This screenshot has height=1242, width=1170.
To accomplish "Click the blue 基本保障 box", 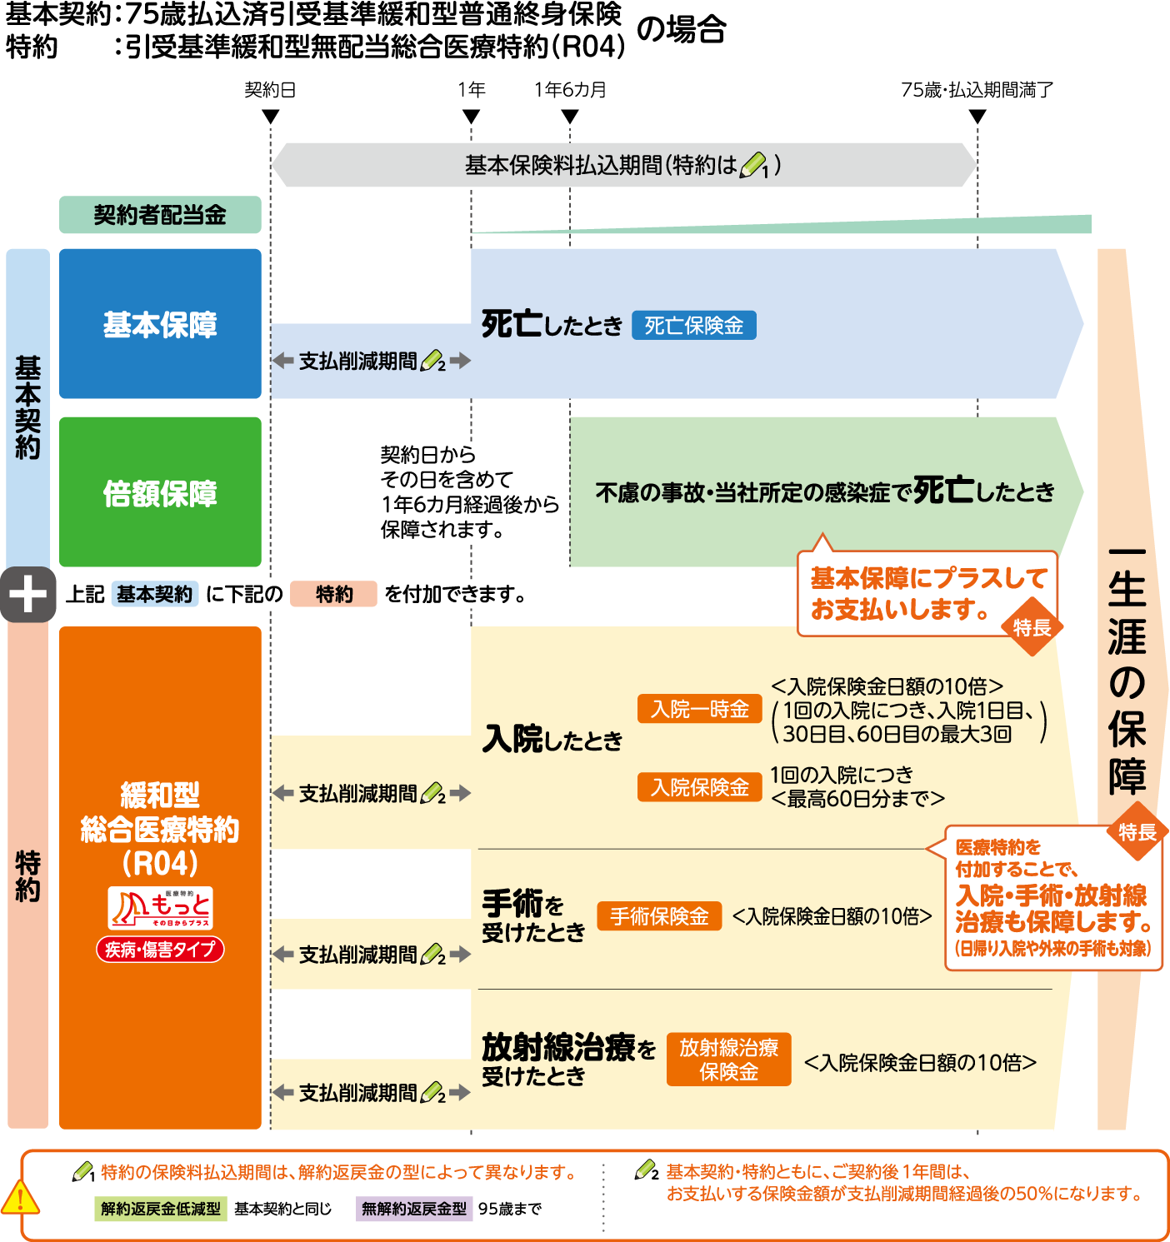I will (x=160, y=324).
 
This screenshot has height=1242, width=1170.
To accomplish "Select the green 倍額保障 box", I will (x=160, y=492).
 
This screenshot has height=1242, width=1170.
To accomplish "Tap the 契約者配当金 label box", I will (x=160, y=215).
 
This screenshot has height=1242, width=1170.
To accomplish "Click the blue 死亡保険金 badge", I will (x=693, y=326).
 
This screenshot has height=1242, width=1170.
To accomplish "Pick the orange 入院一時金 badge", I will (x=700, y=709).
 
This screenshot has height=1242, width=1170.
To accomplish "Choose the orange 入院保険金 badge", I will (x=700, y=787).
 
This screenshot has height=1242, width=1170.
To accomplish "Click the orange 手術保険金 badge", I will (x=659, y=916).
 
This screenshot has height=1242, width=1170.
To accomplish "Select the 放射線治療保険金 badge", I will (x=728, y=1060).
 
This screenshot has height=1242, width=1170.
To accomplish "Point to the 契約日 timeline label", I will (x=270, y=90).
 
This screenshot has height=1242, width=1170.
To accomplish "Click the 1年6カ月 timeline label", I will (x=570, y=90).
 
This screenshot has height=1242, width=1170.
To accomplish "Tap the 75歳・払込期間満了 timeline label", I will (x=977, y=90).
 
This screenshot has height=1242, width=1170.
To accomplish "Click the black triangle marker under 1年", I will (x=471, y=117).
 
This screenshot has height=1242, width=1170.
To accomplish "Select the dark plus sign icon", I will (x=27, y=595).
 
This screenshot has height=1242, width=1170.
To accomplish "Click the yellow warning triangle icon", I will (x=20, y=1198).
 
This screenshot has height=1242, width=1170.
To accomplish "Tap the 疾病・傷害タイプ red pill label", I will (x=160, y=949).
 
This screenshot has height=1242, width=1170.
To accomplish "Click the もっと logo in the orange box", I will (x=160, y=908).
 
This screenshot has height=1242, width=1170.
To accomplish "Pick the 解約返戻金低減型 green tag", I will (x=161, y=1209).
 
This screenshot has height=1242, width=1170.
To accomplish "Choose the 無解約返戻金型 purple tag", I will (x=414, y=1209).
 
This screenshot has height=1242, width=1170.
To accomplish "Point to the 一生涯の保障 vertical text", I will (x=1127, y=671).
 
